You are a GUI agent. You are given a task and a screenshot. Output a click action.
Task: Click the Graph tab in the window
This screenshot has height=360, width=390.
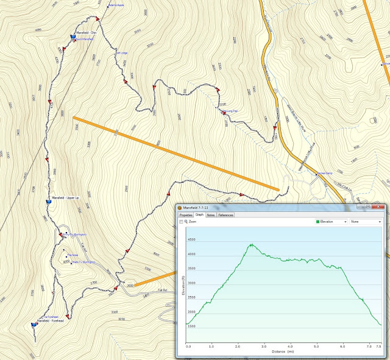199,215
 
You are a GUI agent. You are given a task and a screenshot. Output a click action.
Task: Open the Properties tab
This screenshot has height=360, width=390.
185,215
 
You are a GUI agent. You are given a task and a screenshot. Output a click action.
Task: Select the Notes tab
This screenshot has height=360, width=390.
210,215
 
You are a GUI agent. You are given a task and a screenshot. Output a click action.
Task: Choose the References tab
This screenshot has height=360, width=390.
225,215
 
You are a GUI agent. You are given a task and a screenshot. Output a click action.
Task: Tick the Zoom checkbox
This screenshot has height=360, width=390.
182,222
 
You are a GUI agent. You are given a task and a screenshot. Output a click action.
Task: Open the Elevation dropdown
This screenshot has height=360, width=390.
331,222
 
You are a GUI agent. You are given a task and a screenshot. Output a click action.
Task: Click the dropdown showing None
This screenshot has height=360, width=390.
366,222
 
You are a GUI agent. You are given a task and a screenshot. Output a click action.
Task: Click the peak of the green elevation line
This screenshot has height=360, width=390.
251,244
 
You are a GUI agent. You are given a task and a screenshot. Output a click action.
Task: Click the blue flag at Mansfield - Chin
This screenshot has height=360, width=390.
73,37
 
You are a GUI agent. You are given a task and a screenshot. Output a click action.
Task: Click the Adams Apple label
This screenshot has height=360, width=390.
116,5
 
